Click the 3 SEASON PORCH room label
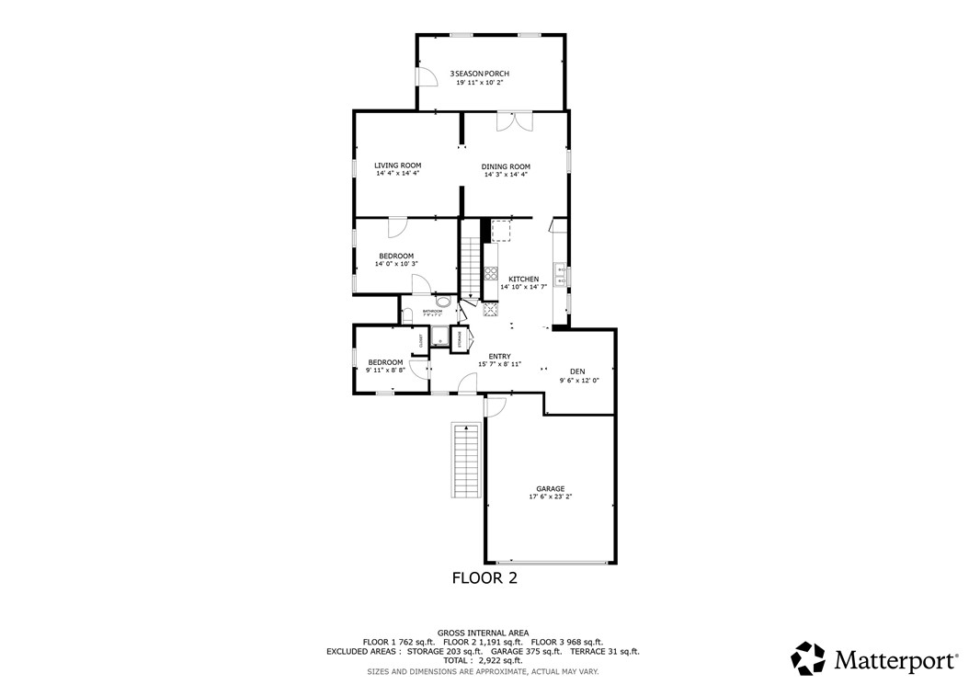point(479,74)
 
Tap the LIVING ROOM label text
point(397,166)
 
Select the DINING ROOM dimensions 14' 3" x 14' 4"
point(506,175)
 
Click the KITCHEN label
point(523,279)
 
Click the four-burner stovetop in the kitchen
point(490,272)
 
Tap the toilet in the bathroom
point(407,315)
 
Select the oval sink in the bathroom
point(443,302)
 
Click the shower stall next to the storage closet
point(439,338)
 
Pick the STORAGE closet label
point(460,339)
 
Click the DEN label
point(576,371)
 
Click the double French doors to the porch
point(514,121)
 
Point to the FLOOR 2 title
point(484,578)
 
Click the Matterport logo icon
point(809,658)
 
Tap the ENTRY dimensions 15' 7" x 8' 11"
point(499,364)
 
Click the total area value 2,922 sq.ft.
point(501,660)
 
